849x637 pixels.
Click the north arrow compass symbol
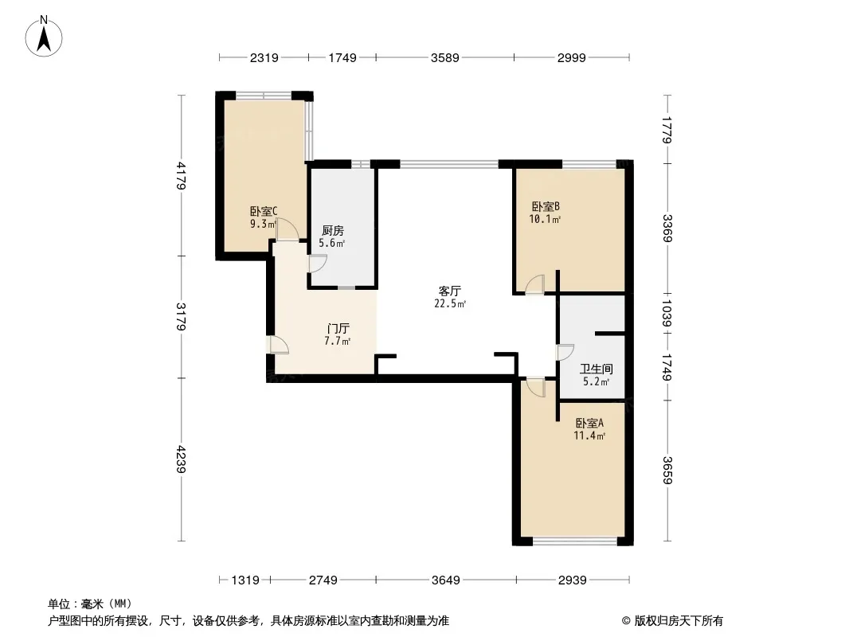coord(44,37)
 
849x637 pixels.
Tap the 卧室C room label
coord(264,211)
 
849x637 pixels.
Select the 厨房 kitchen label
coord(332,231)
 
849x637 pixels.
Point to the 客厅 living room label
coord(449,291)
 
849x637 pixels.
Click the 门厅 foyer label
coord(338,329)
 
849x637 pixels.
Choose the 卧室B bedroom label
coord(546,207)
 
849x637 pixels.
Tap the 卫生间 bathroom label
coord(597,369)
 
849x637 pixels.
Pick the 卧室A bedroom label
coord(589,424)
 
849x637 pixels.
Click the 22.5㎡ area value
coord(450,303)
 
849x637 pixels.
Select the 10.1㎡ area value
coord(545,219)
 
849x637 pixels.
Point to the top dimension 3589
coord(445,57)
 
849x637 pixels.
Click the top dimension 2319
coord(264,57)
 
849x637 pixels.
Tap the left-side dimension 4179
coord(181,176)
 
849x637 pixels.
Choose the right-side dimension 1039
coord(667,314)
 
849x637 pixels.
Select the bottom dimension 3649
coord(446,580)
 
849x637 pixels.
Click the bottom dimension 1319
coord(245,580)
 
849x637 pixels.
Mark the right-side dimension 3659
coord(667,471)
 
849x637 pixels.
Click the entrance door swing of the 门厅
coord(278,345)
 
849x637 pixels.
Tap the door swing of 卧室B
coord(535,285)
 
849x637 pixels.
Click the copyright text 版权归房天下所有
coord(679,621)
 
